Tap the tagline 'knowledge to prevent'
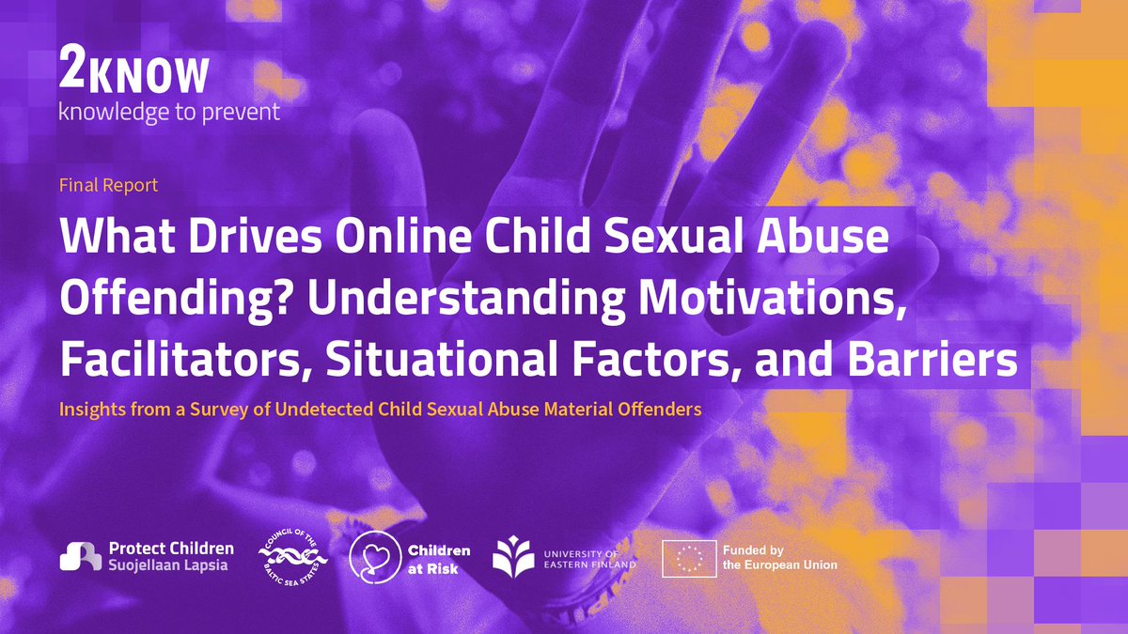point(169,113)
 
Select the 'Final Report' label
point(108,185)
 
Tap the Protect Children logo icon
point(80,556)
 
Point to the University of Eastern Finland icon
point(512,556)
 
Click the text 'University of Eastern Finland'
point(590,557)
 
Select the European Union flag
point(686,557)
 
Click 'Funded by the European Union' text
point(779,557)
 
